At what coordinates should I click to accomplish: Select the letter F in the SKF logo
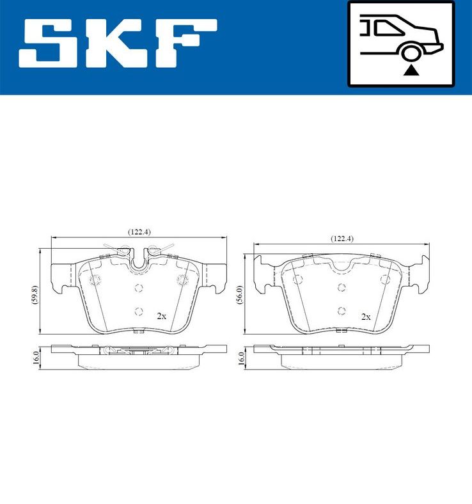(x=186, y=43)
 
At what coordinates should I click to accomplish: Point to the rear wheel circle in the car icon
(x=410, y=52)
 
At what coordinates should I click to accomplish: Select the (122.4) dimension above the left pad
(x=139, y=232)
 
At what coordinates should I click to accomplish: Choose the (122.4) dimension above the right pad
(x=342, y=238)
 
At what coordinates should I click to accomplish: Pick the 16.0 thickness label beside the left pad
(x=36, y=357)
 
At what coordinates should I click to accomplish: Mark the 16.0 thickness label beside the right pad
(x=240, y=357)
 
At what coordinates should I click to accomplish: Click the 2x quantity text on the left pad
(x=162, y=316)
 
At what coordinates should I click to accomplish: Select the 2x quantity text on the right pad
(x=366, y=317)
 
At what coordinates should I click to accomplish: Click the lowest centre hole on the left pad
(x=139, y=311)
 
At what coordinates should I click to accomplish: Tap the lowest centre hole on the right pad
(x=342, y=311)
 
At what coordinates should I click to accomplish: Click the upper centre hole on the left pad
(x=139, y=287)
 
